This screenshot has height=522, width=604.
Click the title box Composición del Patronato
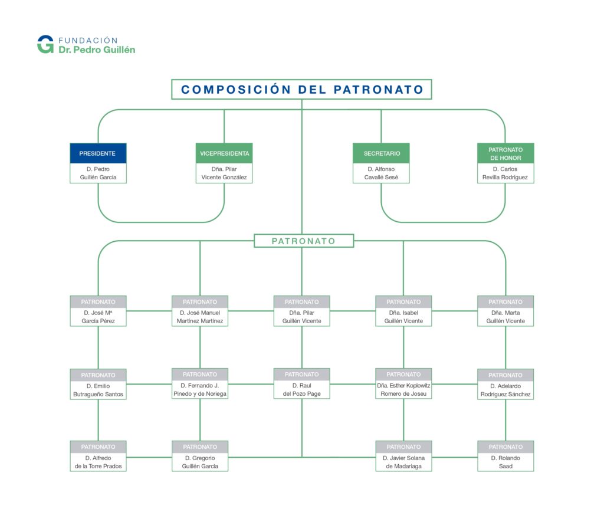tap(301, 90)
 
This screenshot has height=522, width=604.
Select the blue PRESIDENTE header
tap(99, 153)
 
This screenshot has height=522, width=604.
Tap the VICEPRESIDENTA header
tap(224, 153)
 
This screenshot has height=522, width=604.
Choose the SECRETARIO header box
tap(382, 153)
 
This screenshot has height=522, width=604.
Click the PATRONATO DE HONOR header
tap(505, 153)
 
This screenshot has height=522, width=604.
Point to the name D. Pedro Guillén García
tap(99, 173)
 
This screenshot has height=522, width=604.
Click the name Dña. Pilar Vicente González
tap(224, 173)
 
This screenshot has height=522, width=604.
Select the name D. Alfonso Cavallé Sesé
tap(382, 173)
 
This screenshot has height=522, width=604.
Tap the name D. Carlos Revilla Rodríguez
tap(505, 173)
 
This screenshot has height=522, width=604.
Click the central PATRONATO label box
tap(304, 241)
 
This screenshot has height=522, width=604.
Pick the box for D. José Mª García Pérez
tap(99, 311)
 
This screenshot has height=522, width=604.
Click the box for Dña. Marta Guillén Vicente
tap(505, 311)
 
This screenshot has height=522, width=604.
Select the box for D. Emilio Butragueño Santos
tap(99, 384)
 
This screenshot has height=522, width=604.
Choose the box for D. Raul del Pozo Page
tap(302, 384)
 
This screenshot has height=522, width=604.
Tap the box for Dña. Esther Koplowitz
tap(403, 384)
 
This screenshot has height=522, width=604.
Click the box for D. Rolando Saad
tap(505, 456)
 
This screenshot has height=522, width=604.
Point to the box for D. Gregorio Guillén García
tap(200, 456)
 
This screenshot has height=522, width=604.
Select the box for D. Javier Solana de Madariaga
tap(403, 456)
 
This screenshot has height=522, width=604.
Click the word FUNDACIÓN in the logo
tap(88, 41)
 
